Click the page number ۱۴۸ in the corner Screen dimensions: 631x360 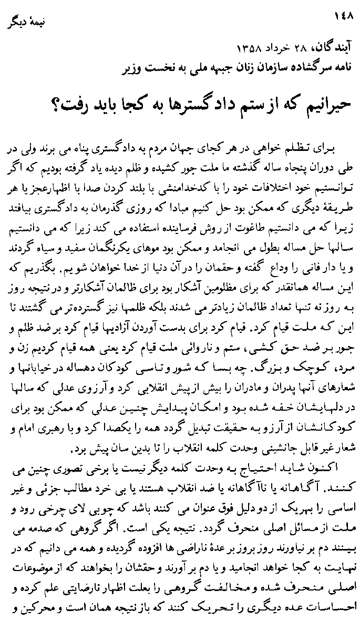(344, 17)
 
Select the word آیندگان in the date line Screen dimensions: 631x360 (329, 50)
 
